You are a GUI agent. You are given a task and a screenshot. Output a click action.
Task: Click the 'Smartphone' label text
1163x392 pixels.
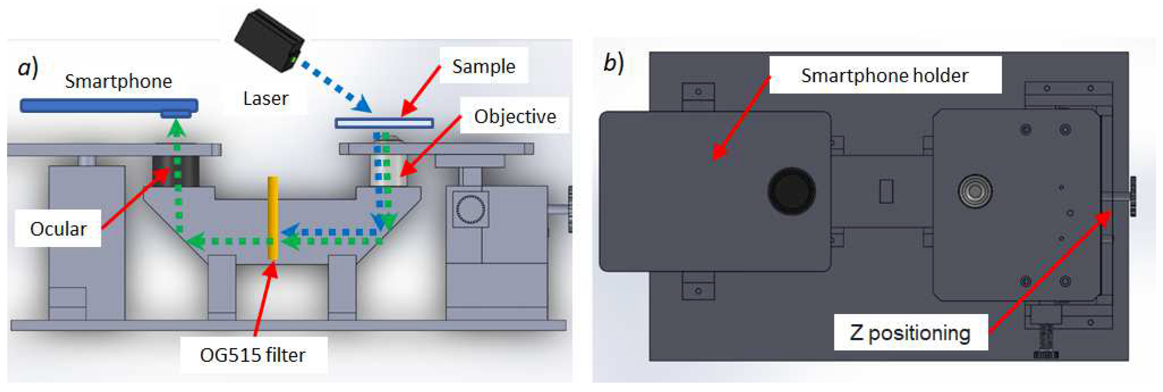tap(118, 81)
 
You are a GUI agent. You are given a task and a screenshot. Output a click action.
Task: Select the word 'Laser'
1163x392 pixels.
tap(266, 98)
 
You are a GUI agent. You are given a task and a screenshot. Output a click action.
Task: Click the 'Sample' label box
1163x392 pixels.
tap(484, 66)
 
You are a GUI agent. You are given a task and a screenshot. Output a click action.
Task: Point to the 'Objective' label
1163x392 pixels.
tap(515, 116)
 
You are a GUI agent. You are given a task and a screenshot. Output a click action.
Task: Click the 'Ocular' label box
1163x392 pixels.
tap(58, 229)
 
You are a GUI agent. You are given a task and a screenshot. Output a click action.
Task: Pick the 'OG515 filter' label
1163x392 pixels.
tap(253, 354)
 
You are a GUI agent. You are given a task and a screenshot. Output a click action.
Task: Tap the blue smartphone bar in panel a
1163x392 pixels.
tap(108, 106)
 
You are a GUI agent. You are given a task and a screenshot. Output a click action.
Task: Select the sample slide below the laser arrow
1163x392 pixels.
tap(384, 123)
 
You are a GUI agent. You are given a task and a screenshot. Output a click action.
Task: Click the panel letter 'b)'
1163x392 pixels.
tap(613, 63)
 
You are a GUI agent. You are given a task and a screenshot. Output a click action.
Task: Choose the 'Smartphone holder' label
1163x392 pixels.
tap(884, 75)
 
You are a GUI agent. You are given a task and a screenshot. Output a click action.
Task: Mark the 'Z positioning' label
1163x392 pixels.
tap(910, 333)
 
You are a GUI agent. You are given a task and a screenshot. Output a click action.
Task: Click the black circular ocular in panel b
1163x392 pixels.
tap(791, 191)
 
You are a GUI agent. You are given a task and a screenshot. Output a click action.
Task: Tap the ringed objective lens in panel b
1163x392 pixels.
tap(975, 191)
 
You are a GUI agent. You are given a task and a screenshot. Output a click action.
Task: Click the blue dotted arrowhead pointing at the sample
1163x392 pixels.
tap(363, 106)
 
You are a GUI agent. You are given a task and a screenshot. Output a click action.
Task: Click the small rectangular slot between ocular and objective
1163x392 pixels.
tap(886, 191)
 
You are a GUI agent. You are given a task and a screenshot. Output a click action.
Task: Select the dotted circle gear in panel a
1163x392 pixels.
tap(470, 210)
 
